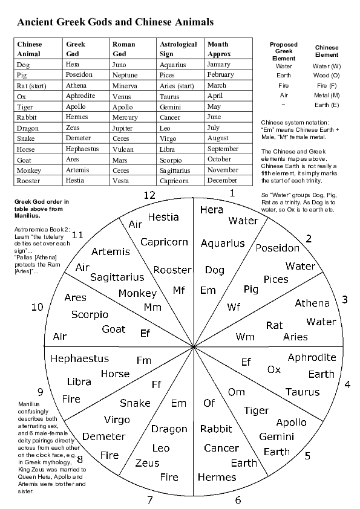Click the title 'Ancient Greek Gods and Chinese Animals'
[x=115, y=23]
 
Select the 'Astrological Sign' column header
[x=178, y=49]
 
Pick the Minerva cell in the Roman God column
[x=125, y=86]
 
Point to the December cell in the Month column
[x=222, y=180]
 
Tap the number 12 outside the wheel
[x=150, y=195]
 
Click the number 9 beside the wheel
[x=40, y=392]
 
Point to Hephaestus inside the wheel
[x=80, y=358]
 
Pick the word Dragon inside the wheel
[x=169, y=429]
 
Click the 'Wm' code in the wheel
[x=245, y=337]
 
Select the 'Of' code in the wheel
[x=209, y=403]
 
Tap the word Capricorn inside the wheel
[x=164, y=242]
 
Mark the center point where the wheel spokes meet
[x=194, y=348]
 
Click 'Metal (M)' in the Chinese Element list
[x=327, y=96]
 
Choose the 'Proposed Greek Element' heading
[x=283, y=51]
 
